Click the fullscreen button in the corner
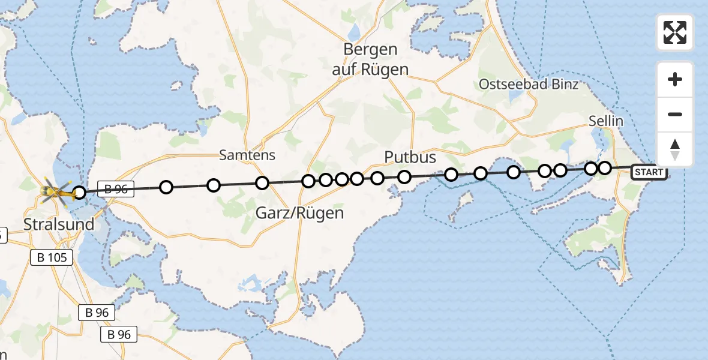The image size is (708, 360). click(675, 32)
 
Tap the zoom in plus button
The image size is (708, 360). click(675, 79)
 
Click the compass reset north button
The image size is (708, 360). click(675, 150)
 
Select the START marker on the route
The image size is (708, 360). click(649, 173)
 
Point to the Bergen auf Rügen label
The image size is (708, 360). click(370, 59)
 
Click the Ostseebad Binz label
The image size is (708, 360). click(528, 84)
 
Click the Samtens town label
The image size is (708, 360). click(247, 155)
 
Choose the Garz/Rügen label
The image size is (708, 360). click(300, 212)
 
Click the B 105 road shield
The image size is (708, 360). click(52, 257)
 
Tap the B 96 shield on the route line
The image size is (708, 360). click(116, 189)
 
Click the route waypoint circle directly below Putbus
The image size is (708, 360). click(404, 176)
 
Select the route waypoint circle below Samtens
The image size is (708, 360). click(262, 183)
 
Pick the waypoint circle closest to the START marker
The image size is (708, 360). click(605, 167)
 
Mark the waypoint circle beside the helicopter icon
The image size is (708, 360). click(79, 193)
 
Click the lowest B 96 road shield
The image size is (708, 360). click(119, 334)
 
